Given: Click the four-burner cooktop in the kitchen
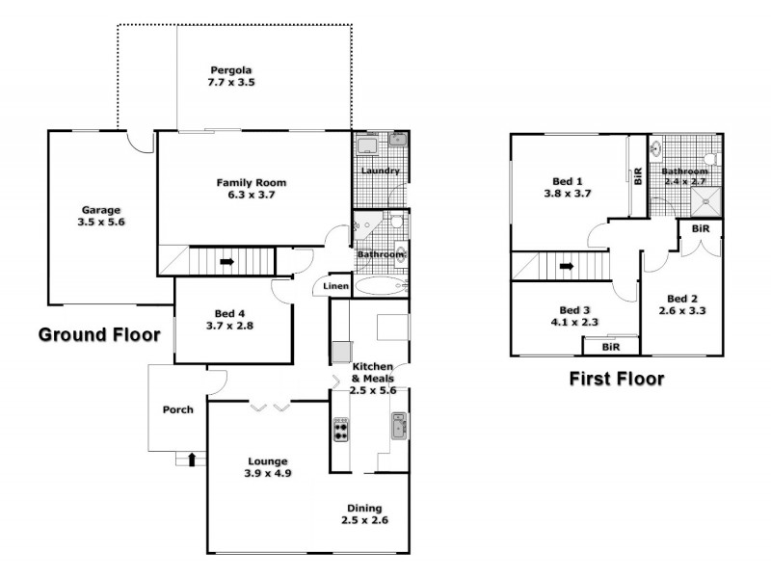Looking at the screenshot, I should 340,429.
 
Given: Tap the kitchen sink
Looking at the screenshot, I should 400,425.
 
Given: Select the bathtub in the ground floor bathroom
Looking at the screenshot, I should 382,286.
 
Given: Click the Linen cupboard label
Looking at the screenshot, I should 334,286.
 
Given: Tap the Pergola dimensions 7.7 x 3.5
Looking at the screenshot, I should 231,83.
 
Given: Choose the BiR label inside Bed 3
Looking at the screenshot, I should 609,346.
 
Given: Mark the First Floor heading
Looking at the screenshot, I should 617,379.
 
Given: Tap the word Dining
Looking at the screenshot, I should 364,508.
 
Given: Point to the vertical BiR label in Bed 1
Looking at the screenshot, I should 638,175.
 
